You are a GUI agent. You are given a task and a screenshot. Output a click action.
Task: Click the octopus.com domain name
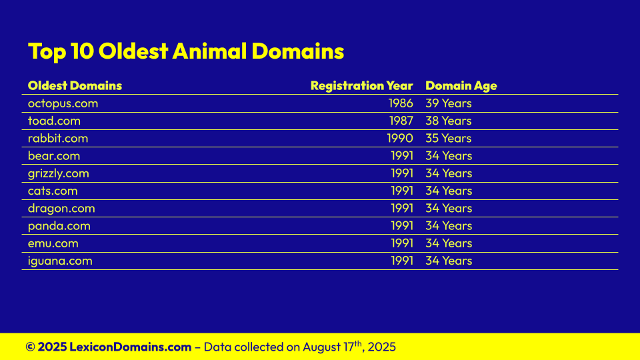(63, 104)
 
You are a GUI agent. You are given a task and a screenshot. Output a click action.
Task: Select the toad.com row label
(54, 121)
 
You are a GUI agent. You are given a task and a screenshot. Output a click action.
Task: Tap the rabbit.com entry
(58, 139)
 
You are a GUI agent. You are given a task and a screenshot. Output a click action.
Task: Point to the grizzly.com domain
(59, 174)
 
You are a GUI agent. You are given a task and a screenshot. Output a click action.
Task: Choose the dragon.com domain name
(61, 209)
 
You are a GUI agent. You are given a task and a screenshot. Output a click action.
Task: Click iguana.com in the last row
(60, 261)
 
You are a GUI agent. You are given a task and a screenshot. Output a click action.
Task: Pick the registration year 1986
(401, 103)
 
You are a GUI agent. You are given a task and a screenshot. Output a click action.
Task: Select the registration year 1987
(401, 121)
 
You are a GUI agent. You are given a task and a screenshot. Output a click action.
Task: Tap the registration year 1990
(400, 139)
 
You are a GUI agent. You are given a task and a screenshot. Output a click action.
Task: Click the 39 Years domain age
(449, 103)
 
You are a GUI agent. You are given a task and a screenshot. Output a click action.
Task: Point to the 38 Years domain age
(449, 121)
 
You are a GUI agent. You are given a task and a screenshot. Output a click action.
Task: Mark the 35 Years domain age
(449, 139)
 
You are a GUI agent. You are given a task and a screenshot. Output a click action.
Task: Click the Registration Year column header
(361, 86)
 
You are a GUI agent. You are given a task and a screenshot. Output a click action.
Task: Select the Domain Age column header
(461, 86)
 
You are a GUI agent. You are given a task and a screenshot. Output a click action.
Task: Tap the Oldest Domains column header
(75, 86)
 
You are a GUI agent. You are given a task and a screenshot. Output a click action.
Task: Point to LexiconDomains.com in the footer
(130, 347)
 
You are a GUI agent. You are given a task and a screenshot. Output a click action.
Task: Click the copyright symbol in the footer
(30, 347)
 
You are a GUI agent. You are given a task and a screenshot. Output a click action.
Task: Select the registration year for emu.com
(402, 243)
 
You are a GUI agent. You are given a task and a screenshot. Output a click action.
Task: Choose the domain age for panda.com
(449, 226)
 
